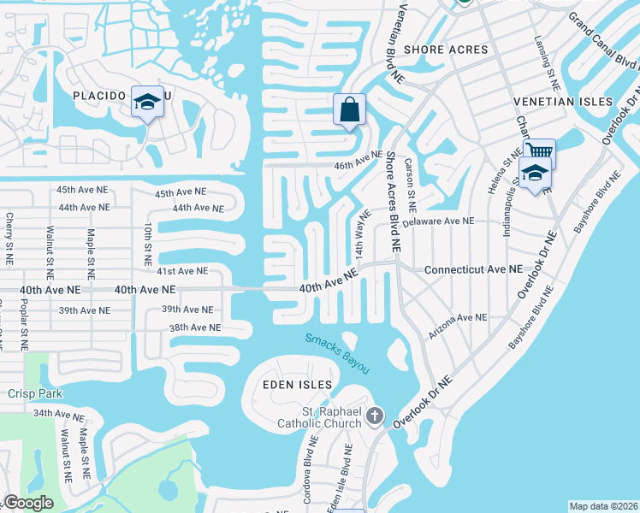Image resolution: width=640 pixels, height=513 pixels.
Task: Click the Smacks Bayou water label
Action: pos(338,352)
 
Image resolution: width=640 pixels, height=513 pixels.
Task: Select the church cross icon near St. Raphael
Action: pos(374,416)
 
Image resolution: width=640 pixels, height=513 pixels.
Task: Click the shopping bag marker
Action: pos(349,109)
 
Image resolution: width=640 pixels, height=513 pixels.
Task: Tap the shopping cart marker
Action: pos(540,153)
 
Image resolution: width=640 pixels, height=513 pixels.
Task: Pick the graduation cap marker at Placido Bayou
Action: pos(147,103)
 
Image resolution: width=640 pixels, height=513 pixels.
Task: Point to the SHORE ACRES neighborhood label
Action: pos(447,50)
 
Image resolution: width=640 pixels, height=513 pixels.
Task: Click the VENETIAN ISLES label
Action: pos(563,102)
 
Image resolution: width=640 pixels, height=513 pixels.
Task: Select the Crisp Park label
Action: pos(32,393)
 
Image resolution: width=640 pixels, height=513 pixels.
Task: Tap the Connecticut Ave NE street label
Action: pos(473,268)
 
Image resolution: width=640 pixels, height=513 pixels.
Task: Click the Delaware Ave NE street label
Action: pos(438,221)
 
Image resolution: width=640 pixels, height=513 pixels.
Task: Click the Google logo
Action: pos(28,503)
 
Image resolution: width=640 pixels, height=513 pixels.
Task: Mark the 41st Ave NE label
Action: pos(182,271)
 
